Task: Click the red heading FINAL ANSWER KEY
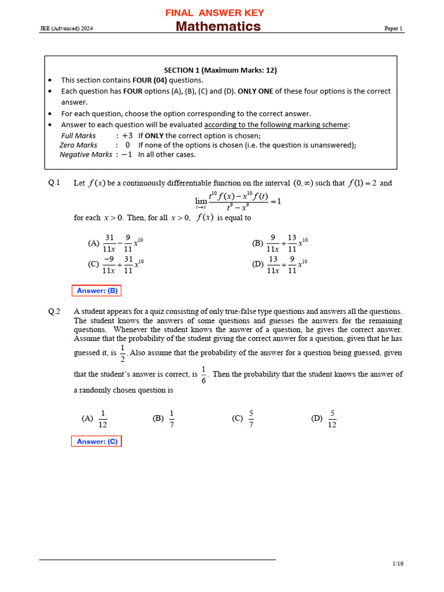[x=214, y=13]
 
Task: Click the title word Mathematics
[x=218, y=27]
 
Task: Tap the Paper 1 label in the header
[x=393, y=28]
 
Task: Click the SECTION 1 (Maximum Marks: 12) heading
[x=220, y=70]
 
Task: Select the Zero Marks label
[x=79, y=145]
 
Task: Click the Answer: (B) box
[x=97, y=291]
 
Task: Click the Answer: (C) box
[x=97, y=442]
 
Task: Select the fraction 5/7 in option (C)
[x=251, y=419]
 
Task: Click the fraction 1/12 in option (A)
[x=103, y=419]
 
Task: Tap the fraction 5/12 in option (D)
[x=332, y=419]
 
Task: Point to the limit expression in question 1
[x=238, y=201]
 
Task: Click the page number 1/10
[x=398, y=564]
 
